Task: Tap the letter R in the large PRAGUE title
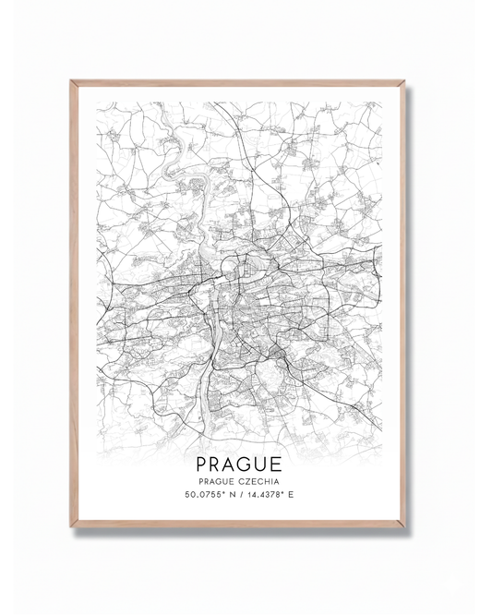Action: [x=220, y=461]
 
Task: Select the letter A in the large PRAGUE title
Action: [x=236, y=461]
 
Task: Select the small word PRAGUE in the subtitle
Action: [x=219, y=480]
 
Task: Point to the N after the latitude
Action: [x=237, y=496]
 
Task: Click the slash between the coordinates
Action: [x=247, y=496]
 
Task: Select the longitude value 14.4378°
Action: [x=272, y=496]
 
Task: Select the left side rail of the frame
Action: [x=73, y=305]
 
